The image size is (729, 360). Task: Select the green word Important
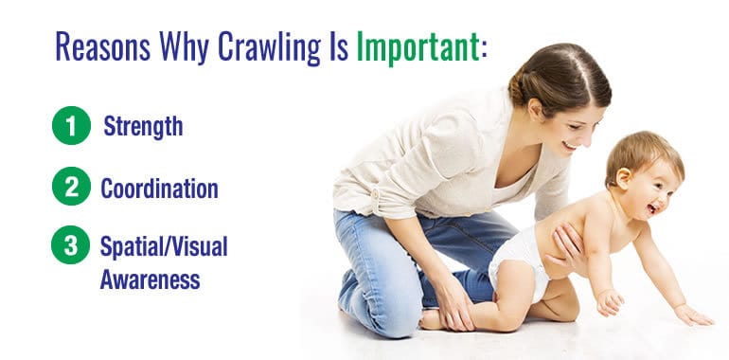(x=418, y=46)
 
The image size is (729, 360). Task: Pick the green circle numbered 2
(x=69, y=188)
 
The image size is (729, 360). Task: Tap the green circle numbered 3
(x=69, y=248)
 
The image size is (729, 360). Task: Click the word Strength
(x=143, y=126)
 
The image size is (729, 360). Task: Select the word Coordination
(x=159, y=188)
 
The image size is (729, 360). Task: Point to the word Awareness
(x=151, y=280)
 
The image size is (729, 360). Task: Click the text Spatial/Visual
(x=163, y=248)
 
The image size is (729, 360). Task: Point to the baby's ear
(x=625, y=174)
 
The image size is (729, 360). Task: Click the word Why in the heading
(x=184, y=46)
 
